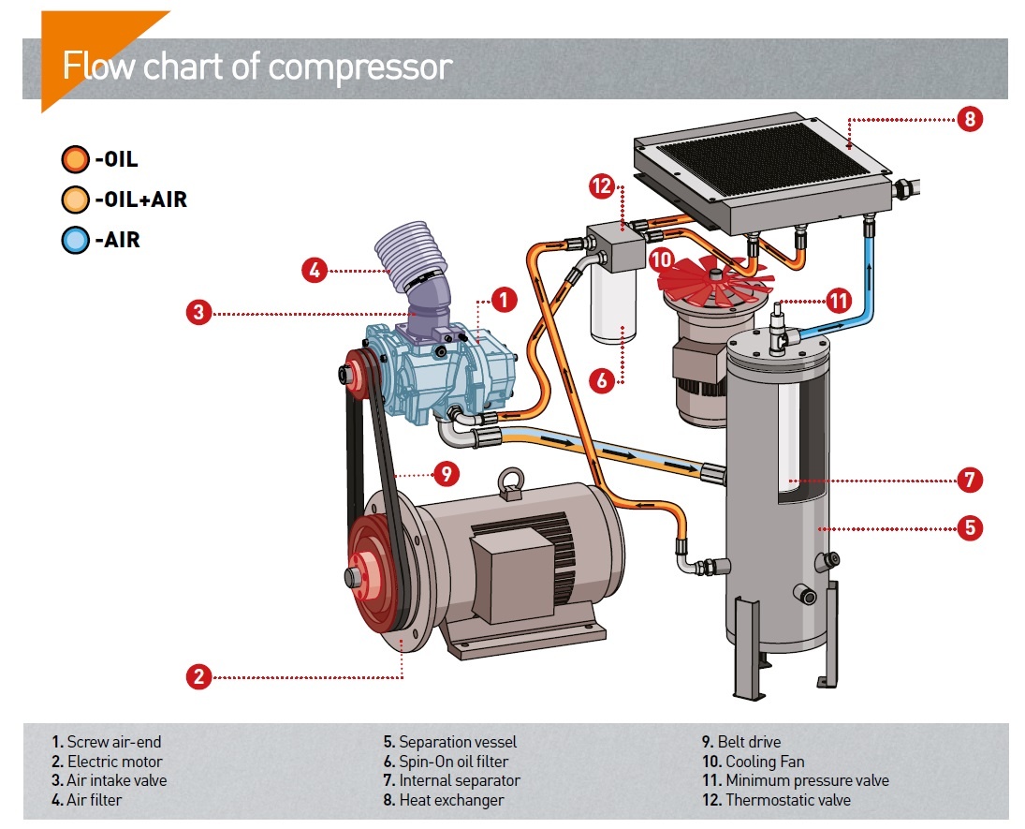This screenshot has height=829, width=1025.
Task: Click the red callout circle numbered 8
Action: pos(971,120)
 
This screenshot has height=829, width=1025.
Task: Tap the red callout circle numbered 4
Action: pos(315,271)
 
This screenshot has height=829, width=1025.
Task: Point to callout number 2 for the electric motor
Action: pos(198,676)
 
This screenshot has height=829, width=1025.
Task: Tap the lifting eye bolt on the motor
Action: pos(511,481)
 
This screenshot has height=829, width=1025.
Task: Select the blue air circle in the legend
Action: pos(74,240)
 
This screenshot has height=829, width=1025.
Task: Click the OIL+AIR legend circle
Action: pos(74,199)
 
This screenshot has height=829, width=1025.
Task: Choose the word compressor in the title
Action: pos(359,67)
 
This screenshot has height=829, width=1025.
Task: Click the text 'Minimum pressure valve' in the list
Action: pos(807,780)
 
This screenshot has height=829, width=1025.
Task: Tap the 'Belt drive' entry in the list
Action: pos(749,742)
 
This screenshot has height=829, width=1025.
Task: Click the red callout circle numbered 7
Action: pos(971,481)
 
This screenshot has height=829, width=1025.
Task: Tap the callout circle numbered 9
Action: pos(447,474)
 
